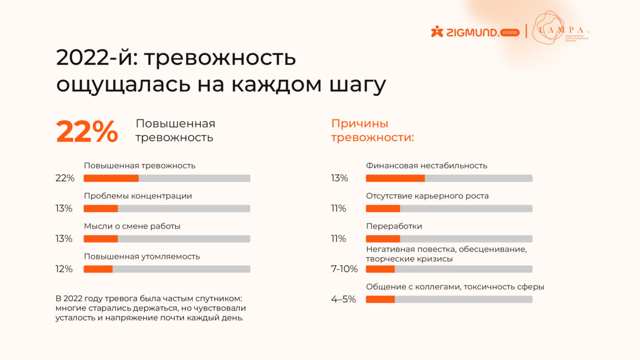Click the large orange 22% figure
(x=87, y=132)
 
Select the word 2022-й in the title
(x=93, y=58)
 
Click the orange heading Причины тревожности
(x=372, y=131)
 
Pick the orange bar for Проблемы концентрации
(x=101, y=208)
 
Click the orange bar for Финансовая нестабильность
(x=395, y=178)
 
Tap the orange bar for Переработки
(x=383, y=239)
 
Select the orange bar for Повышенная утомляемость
(x=98, y=269)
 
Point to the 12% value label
(x=64, y=269)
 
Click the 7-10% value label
(x=344, y=269)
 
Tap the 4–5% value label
(x=343, y=299)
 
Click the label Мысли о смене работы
(x=132, y=226)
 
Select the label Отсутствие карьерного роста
(x=427, y=196)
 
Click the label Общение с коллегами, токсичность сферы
(x=454, y=287)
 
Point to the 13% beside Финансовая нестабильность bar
(x=339, y=178)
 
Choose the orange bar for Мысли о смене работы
(x=101, y=239)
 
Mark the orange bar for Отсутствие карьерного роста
(x=383, y=208)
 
